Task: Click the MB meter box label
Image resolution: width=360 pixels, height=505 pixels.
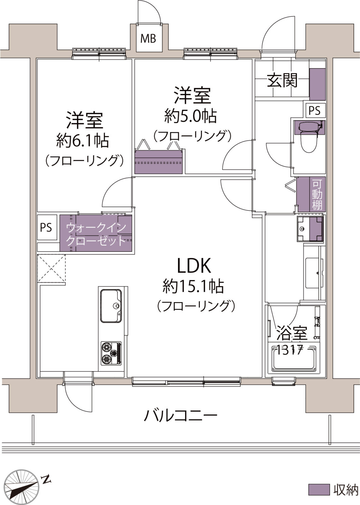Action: (x=148, y=39)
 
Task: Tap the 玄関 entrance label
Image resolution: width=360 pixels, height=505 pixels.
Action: (x=282, y=81)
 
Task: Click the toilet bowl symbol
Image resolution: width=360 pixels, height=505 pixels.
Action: (x=309, y=141)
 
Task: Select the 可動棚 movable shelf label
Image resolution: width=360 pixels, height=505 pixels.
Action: (x=317, y=194)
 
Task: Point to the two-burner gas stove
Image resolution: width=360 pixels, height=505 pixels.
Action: (x=111, y=353)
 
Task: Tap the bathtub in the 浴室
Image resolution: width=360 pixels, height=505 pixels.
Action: (x=294, y=359)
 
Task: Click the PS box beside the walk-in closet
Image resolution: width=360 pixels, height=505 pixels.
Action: (x=46, y=228)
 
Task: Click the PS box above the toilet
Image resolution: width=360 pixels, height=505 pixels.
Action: (x=314, y=110)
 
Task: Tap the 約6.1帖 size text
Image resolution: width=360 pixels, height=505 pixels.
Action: (x=82, y=141)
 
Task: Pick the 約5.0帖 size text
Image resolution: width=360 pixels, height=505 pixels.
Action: (x=190, y=116)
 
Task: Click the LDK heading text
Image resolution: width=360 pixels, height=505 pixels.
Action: (x=194, y=265)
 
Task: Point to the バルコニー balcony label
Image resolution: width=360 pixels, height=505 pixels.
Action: (x=181, y=415)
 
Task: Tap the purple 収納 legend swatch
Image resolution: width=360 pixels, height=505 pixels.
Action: (x=319, y=490)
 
